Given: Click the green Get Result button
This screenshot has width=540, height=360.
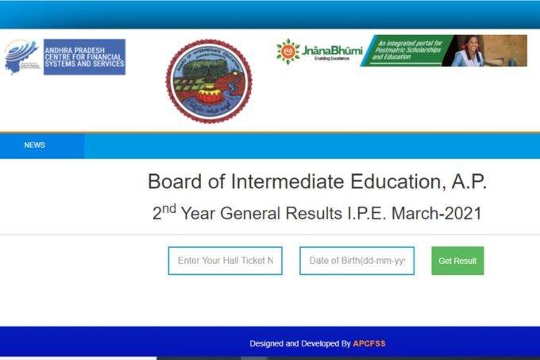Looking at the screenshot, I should [x=457, y=261].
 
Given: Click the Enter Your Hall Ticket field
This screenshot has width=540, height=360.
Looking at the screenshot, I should [x=226, y=261].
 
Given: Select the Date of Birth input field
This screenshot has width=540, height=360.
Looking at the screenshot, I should [x=357, y=261].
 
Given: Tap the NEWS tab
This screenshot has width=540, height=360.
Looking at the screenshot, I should [x=34, y=145].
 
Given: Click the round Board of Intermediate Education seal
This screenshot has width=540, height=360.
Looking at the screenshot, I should [x=209, y=82].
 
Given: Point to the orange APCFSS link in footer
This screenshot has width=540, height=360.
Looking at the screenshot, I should [x=369, y=343].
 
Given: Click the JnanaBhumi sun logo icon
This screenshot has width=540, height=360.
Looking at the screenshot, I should [x=287, y=51].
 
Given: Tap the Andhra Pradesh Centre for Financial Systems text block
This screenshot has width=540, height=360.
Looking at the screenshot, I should [x=83, y=57].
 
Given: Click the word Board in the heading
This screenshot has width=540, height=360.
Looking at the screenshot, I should [x=172, y=182].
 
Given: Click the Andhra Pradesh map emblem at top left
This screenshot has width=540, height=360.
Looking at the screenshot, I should [x=20, y=56].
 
